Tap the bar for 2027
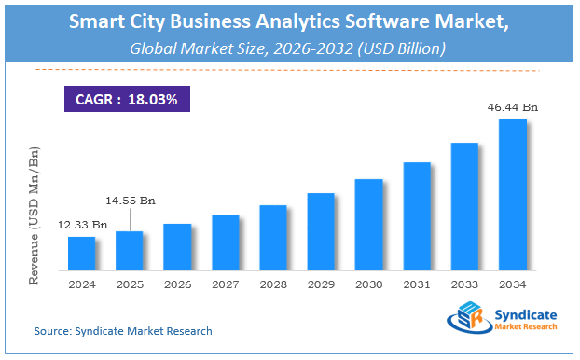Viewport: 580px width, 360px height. pos(226,242)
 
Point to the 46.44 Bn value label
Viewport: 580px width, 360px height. pos(513,109)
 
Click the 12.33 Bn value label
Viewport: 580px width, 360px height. pos(82,226)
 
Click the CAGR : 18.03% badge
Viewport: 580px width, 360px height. pos(128,98)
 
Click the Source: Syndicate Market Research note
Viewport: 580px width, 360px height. pos(123,331)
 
